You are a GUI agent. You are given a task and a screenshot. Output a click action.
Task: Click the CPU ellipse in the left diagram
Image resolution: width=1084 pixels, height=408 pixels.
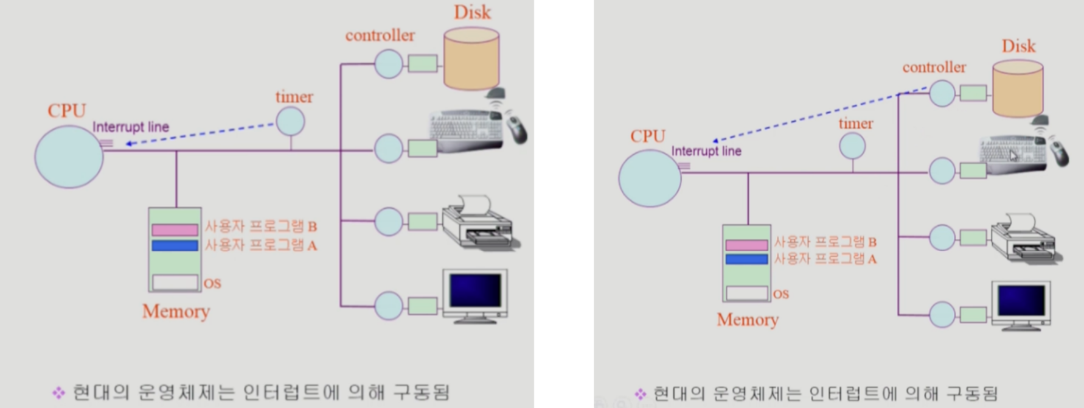coord(69,157)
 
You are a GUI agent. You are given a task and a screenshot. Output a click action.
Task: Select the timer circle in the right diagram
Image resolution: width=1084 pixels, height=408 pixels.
coord(852,146)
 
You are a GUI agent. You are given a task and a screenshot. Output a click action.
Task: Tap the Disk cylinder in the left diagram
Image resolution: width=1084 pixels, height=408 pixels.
coord(471,58)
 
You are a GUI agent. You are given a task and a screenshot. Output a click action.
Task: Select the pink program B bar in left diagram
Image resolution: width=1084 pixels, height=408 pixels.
coord(175,230)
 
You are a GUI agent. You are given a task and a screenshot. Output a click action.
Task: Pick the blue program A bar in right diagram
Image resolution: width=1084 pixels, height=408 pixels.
coord(746,259)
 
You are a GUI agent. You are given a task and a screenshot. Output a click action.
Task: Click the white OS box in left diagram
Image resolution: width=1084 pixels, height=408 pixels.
coord(175,282)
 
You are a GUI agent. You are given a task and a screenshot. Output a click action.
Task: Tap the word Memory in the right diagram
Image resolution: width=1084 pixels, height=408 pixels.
coord(748,320)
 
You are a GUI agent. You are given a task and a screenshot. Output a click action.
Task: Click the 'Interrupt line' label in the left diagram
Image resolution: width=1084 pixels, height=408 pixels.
coord(131,127)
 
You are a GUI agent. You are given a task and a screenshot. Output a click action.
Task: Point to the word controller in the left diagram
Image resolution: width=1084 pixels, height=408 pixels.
coord(380,35)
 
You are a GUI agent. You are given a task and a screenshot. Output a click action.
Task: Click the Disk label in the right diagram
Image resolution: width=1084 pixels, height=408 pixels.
coord(1018,46)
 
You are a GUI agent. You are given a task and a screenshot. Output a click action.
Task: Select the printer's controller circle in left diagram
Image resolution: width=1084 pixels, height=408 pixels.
coord(388,222)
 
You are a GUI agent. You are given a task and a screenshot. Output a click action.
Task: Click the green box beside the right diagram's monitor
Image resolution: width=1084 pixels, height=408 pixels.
coord(973,315)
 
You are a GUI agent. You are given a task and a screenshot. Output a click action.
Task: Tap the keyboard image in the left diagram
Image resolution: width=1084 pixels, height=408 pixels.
coord(466,130)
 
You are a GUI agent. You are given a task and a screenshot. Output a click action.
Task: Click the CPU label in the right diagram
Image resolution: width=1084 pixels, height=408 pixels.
coord(648,136)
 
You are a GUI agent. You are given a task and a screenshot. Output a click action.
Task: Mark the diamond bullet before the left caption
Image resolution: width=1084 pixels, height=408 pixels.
coord(58,393)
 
